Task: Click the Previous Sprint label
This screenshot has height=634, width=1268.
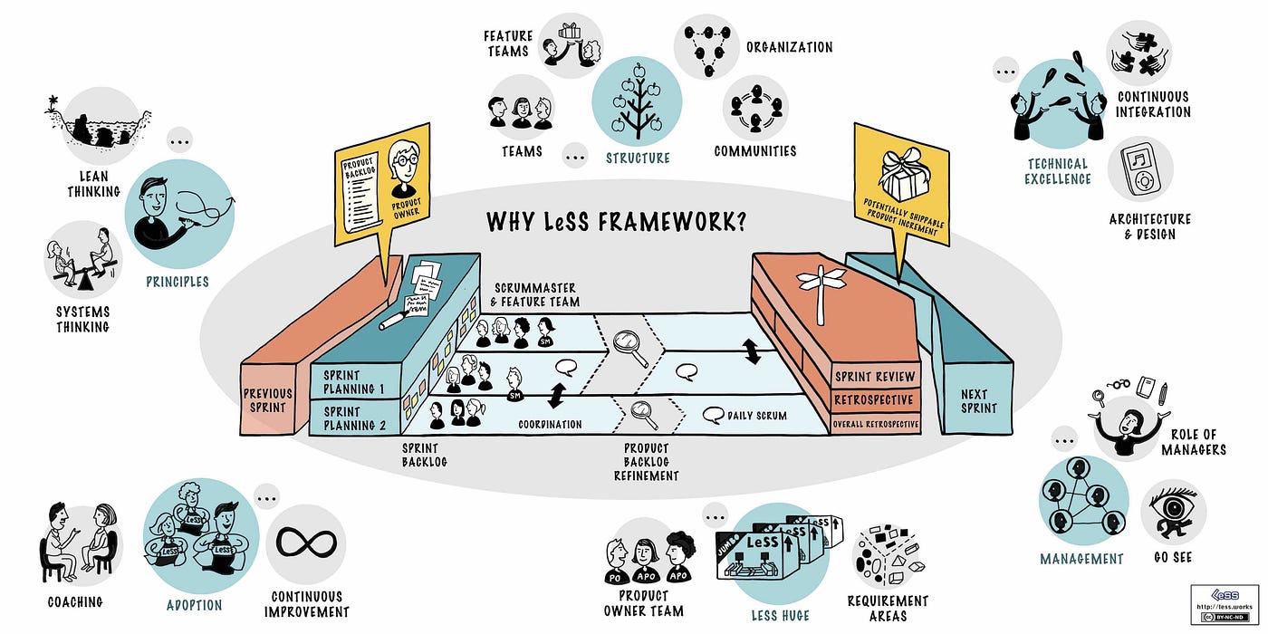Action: point(267,400)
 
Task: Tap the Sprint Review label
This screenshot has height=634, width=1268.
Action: point(875,376)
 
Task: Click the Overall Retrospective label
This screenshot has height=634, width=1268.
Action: point(875,423)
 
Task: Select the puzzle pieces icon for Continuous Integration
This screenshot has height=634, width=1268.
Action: point(1138,53)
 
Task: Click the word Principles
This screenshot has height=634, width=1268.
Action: point(178,282)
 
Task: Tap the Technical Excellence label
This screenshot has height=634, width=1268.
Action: point(1057,171)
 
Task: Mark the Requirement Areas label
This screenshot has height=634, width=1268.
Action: point(888,608)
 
